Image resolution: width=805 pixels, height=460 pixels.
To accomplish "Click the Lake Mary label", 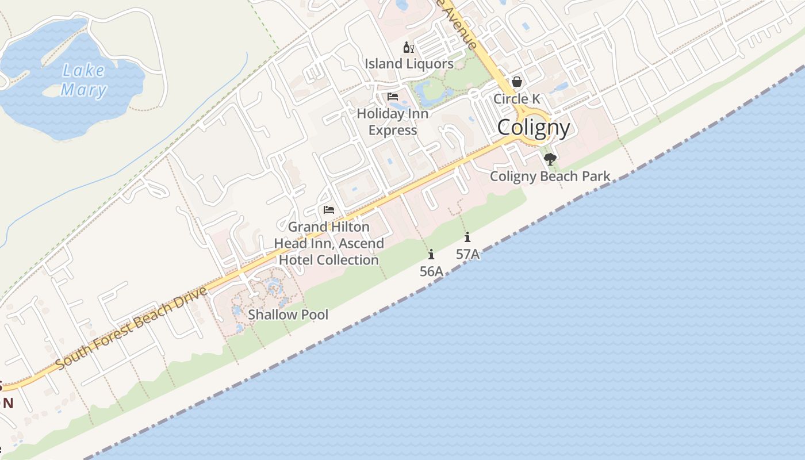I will pyautogui.click(x=84, y=80).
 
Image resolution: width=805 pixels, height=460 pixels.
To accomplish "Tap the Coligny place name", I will pyautogui.click(x=534, y=128).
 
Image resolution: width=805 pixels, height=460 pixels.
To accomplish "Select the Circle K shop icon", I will pyautogui.click(x=517, y=82).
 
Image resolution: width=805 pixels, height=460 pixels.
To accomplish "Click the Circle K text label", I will pyautogui.click(x=517, y=99).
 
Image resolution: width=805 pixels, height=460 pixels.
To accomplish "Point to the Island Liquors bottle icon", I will pyautogui.click(x=408, y=47).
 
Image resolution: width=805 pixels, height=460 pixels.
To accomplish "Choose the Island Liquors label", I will pyautogui.click(x=409, y=64).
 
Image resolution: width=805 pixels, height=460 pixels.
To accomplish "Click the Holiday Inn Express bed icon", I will pyautogui.click(x=393, y=96).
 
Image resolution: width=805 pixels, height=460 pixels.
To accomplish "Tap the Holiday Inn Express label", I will pyautogui.click(x=393, y=122).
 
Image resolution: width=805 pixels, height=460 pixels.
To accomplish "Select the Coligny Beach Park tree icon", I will pyautogui.click(x=550, y=159).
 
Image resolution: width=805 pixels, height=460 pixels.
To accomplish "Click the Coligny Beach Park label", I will pyautogui.click(x=550, y=176).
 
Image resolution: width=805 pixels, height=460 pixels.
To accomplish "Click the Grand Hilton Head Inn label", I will pyautogui.click(x=329, y=243).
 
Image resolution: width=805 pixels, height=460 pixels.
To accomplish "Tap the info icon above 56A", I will pyautogui.click(x=431, y=254).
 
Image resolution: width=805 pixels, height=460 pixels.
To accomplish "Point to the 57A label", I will pyautogui.click(x=467, y=254).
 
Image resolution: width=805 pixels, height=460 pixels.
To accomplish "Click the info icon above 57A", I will pyautogui.click(x=467, y=237).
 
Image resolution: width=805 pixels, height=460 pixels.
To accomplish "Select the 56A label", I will pyautogui.click(x=431, y=271).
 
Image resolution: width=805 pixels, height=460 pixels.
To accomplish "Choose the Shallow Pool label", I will pyautogui.click(x=288, y=315).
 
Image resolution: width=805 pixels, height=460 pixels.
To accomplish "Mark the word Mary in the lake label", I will pyautogui.click(x=84, y=90).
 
